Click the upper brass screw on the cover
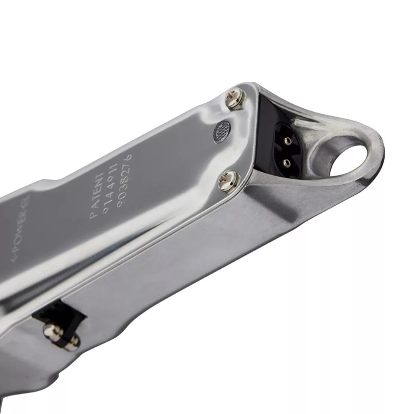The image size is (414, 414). tap(236, 99)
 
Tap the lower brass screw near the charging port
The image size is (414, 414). tap(229, 181)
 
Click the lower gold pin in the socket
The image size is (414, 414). tap(285, 163)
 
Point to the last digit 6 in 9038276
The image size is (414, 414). tap(129, 157)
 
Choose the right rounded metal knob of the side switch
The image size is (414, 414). tap(73, 342)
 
